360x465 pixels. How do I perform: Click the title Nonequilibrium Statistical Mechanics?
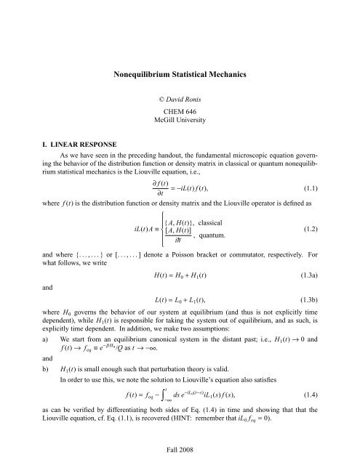(180, 73)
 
